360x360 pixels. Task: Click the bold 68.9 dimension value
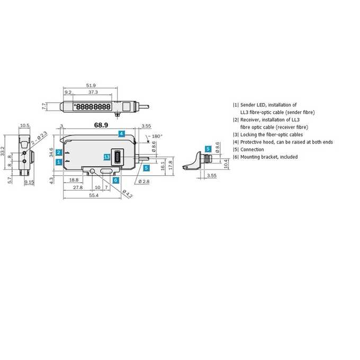pos(101,125)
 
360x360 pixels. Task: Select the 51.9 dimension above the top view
pos(91,85)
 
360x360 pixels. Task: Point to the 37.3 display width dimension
pos(93,92)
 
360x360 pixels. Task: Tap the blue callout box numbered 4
pos(122,133)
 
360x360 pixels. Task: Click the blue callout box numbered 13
pos(107,157)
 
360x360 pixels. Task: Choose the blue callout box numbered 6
pos(116,180)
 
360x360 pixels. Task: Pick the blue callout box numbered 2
pos(59,152)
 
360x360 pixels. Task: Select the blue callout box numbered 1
pos(59,162)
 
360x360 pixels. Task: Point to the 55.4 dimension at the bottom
pos(94,195)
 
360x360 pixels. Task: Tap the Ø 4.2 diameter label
pos(128,194)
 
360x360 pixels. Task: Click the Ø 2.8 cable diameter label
pos(144,182)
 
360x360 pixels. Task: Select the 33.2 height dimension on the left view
pos(3,151)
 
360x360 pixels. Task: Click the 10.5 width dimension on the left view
pos(25,125)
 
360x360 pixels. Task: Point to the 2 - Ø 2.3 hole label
pos(39,138)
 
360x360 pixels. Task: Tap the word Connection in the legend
pos(252,149)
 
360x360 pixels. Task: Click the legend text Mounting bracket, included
pos(269,157)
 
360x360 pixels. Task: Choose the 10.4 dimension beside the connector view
pos(226,164)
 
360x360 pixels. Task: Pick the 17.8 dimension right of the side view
pos(170,165)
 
